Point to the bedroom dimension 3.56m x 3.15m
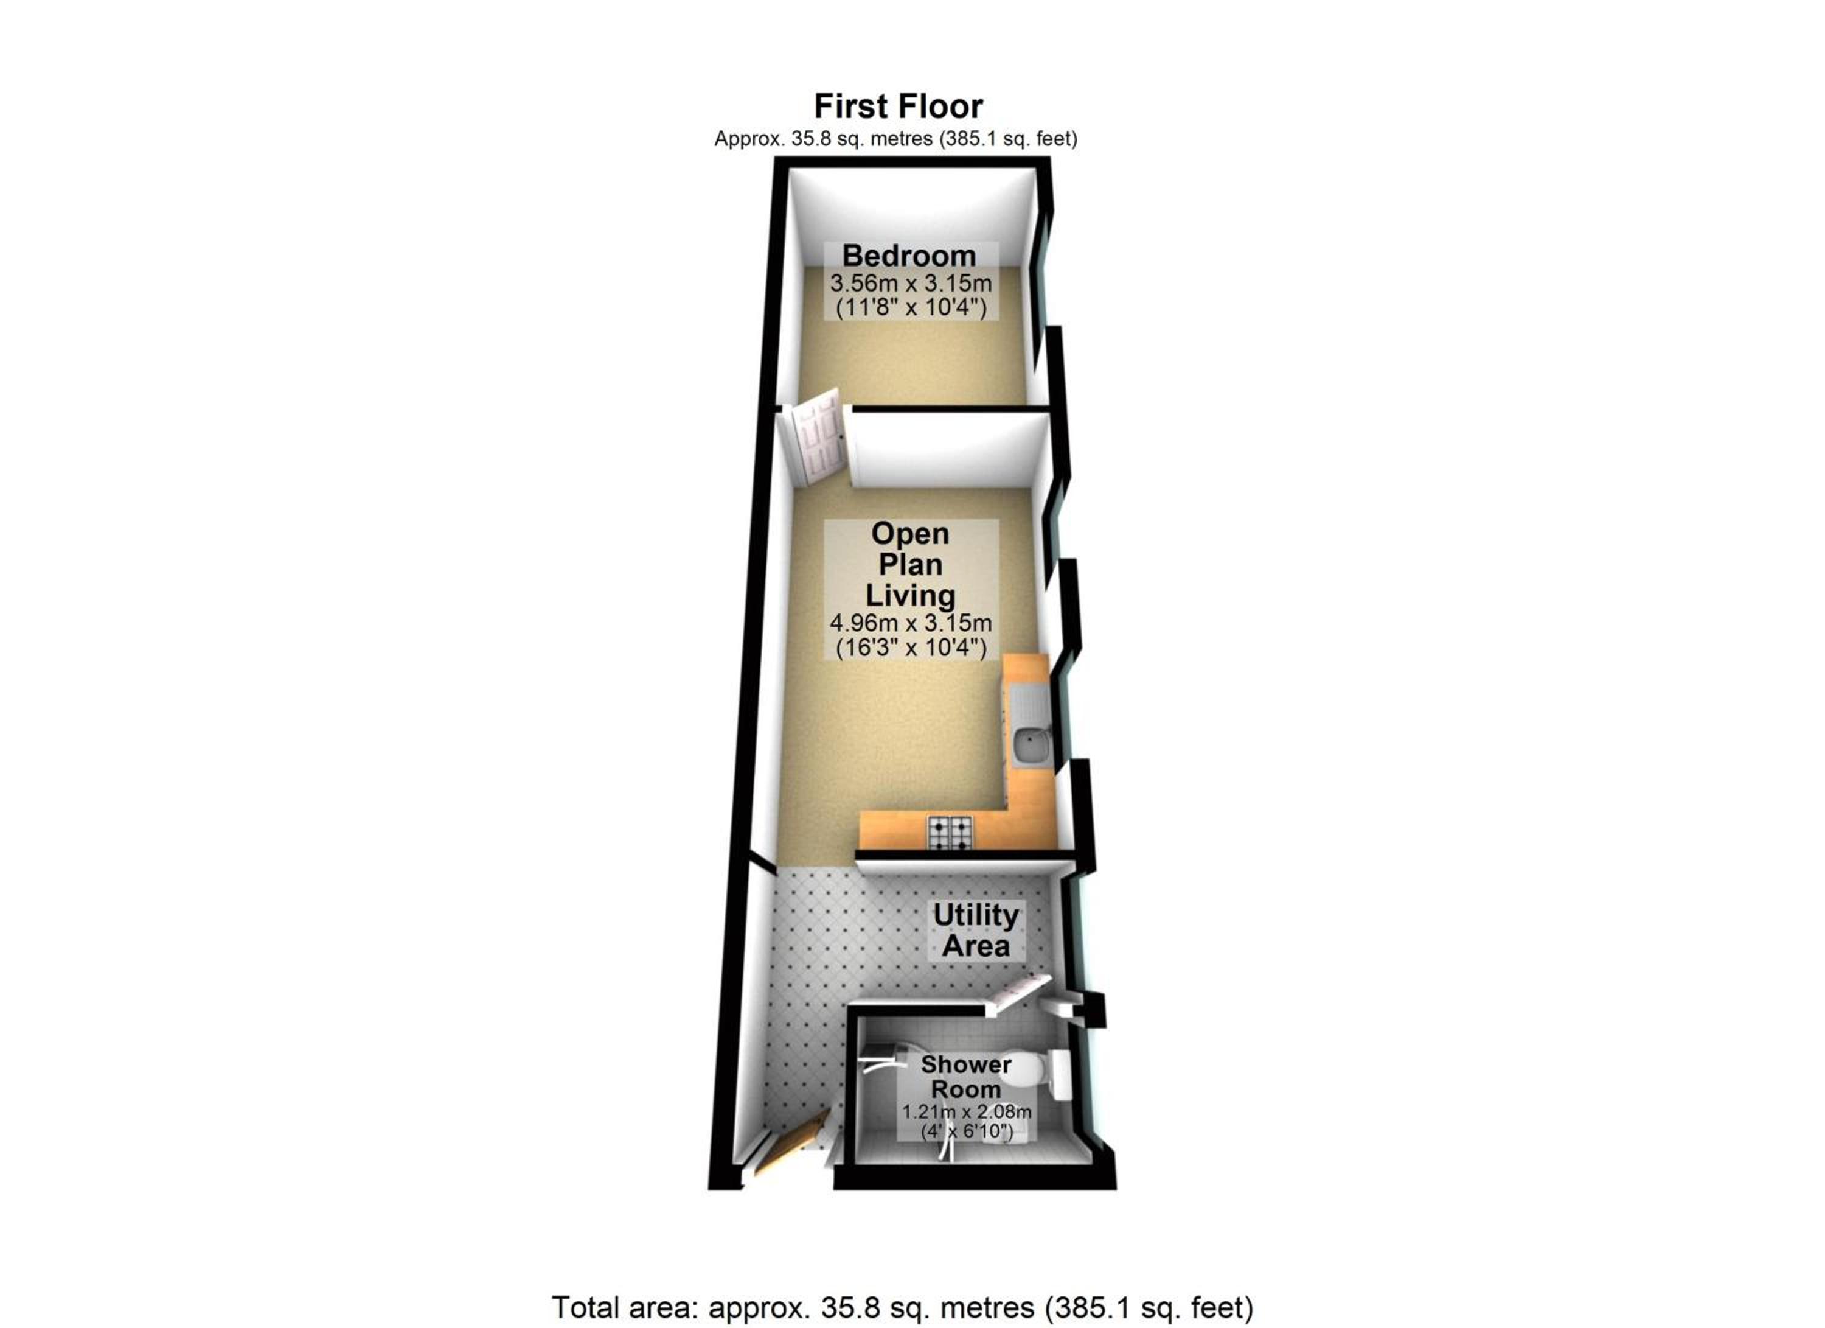click(911, 283)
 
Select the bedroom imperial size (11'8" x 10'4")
click(911, 307)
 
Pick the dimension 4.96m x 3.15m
click(911, 623)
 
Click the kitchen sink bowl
click(1029, 743)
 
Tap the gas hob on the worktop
click(950, 833)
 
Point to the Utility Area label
click(975, 929)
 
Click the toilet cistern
click(1060, 1073)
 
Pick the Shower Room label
click(965, 1076)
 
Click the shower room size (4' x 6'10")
click(965, 1131)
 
